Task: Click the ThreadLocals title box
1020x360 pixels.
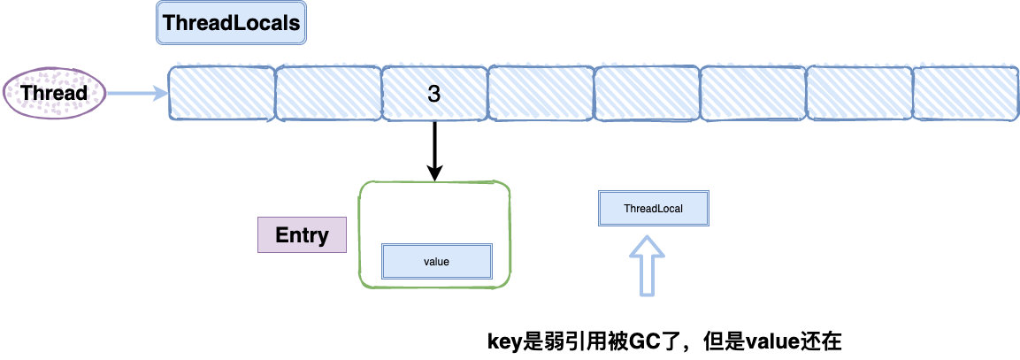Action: coord(232,23)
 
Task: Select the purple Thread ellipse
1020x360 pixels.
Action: coord(54,93)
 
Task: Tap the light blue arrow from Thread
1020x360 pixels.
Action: coord(137,94)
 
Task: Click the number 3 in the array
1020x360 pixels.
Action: coord(433,94)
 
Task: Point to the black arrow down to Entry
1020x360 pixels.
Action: coord(434,151)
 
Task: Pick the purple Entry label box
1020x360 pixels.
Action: coord(302,234)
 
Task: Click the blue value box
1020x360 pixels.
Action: coord(436,262)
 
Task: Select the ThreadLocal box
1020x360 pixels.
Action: coord(653,209)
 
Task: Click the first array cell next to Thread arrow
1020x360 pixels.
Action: coord(221,93)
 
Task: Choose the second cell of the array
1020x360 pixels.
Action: coord(328,93)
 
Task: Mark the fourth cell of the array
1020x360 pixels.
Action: coord(541,93)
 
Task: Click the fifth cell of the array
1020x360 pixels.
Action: coord(647,93)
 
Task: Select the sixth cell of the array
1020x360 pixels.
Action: coord(753,93)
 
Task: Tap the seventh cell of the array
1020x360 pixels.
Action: coord(859,93)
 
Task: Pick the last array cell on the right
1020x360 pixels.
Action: coord(966,93)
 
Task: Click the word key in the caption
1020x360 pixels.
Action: coord(505,341)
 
